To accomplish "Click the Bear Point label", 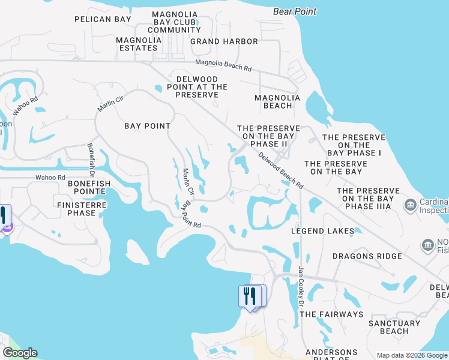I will (x=294, y=11).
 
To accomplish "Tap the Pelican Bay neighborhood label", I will (x=103, y=19).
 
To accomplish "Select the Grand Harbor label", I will (x=224, y=41).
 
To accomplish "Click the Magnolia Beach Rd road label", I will (x=223, y=65).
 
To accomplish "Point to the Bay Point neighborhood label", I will (x=147, y=126).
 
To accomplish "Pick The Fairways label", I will (x=331, y=314).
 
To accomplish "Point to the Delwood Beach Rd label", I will (x=281, y=170).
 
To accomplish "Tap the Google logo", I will (x=20, y=353).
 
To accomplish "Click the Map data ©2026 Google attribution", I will (x=411, y=355).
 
